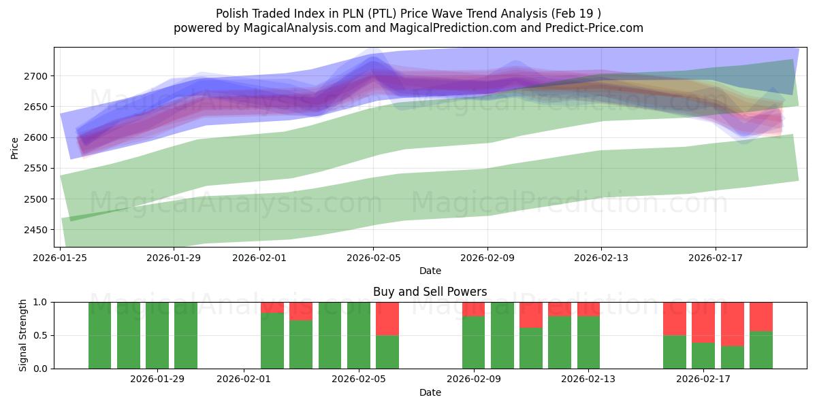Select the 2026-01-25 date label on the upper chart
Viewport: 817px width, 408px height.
[60, 258]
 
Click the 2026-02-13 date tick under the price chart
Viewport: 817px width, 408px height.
[601, 258]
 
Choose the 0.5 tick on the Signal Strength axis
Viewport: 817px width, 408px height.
[40, 335]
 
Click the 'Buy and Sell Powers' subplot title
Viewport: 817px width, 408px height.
[430, 292]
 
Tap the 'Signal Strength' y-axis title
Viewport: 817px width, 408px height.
[23, 335]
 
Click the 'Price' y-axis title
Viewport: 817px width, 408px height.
[15, 148]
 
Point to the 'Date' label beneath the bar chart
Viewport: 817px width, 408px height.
[430, 392]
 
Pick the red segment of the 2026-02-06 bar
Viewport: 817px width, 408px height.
[387, 318]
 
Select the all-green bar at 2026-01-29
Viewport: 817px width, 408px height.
[186, 335]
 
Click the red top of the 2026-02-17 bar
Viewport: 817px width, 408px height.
[703, 322]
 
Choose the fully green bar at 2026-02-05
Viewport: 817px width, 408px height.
[358, 335]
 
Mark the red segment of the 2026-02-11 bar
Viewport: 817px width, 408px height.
[531, 315]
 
